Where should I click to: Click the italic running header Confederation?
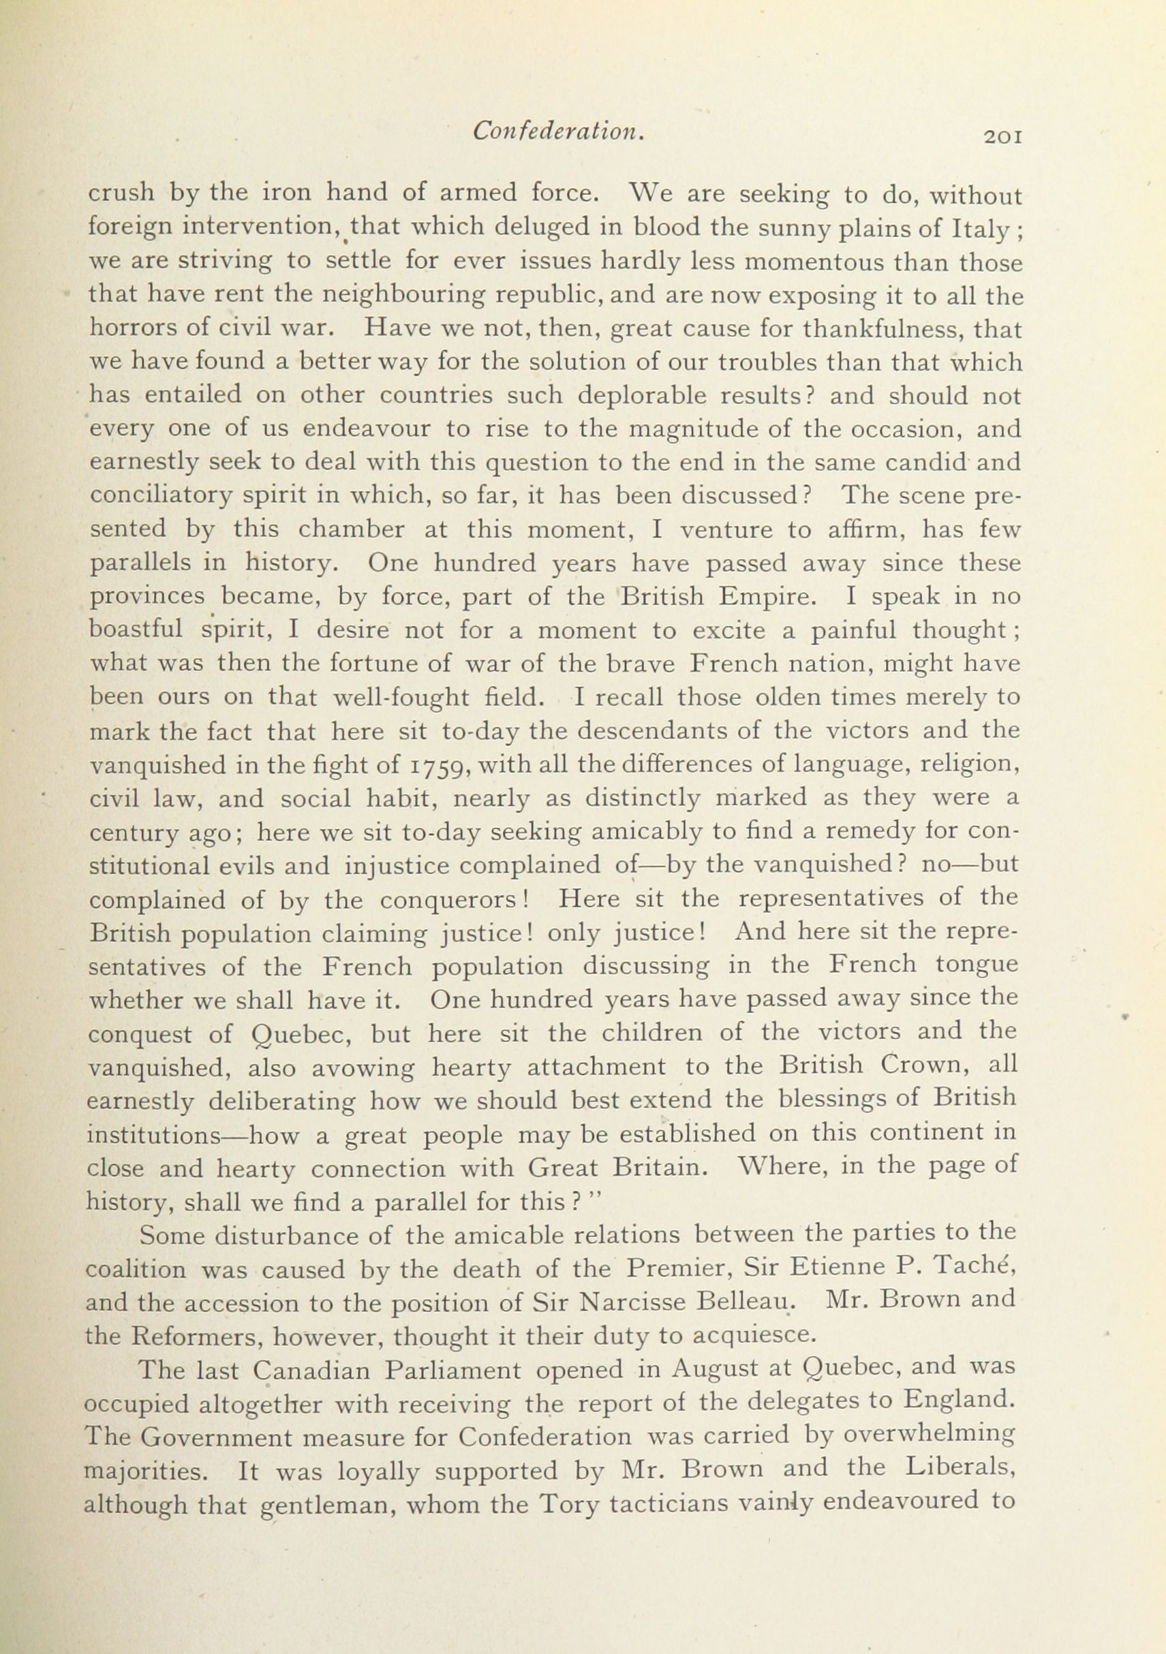pos(557,131)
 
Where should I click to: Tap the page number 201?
pos(998,136)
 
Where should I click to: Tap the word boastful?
pos(136,630)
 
